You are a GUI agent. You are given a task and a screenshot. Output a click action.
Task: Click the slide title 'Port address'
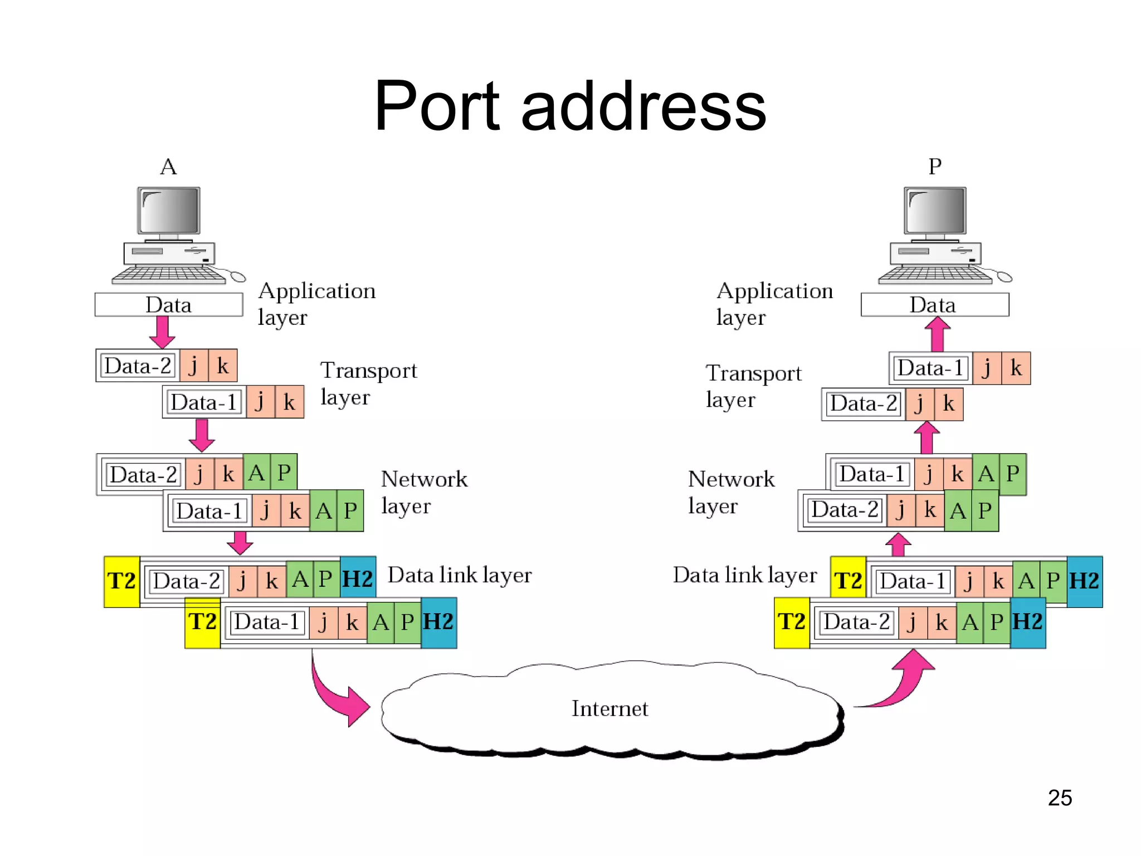(570, 106)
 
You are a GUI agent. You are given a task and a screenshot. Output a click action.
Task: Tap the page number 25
(1059, 797)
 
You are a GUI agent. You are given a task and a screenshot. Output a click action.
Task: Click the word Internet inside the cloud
(609, 708)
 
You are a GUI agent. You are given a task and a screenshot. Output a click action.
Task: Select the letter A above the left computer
(168, 167)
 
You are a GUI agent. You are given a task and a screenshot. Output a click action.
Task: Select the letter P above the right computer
(935, 167)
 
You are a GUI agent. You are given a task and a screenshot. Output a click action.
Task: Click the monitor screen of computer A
(169, 211)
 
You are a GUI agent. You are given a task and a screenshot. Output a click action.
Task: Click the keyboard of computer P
(935, 275)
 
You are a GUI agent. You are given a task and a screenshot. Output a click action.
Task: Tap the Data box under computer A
(168, 305)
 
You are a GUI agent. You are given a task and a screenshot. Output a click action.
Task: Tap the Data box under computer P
(934, 305)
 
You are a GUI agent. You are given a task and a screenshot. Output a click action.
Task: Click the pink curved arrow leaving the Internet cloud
(903, 683)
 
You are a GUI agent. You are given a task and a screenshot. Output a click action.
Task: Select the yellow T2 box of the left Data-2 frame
(121, 581)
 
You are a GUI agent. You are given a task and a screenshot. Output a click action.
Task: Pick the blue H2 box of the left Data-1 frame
(438, 622)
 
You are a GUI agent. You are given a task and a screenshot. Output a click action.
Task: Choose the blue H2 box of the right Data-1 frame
(1084, 581)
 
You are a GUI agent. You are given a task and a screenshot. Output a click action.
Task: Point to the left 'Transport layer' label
(368, 383)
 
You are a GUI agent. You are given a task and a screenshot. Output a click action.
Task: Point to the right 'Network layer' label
(730, 492)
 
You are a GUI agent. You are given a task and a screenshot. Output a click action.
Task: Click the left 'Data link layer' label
(460, 575)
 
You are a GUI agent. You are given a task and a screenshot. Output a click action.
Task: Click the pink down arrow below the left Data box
(162, 332)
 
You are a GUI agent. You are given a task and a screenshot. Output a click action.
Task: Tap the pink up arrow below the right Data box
(938, 334)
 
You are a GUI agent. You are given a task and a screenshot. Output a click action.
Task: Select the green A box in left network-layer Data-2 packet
(256, 473)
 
